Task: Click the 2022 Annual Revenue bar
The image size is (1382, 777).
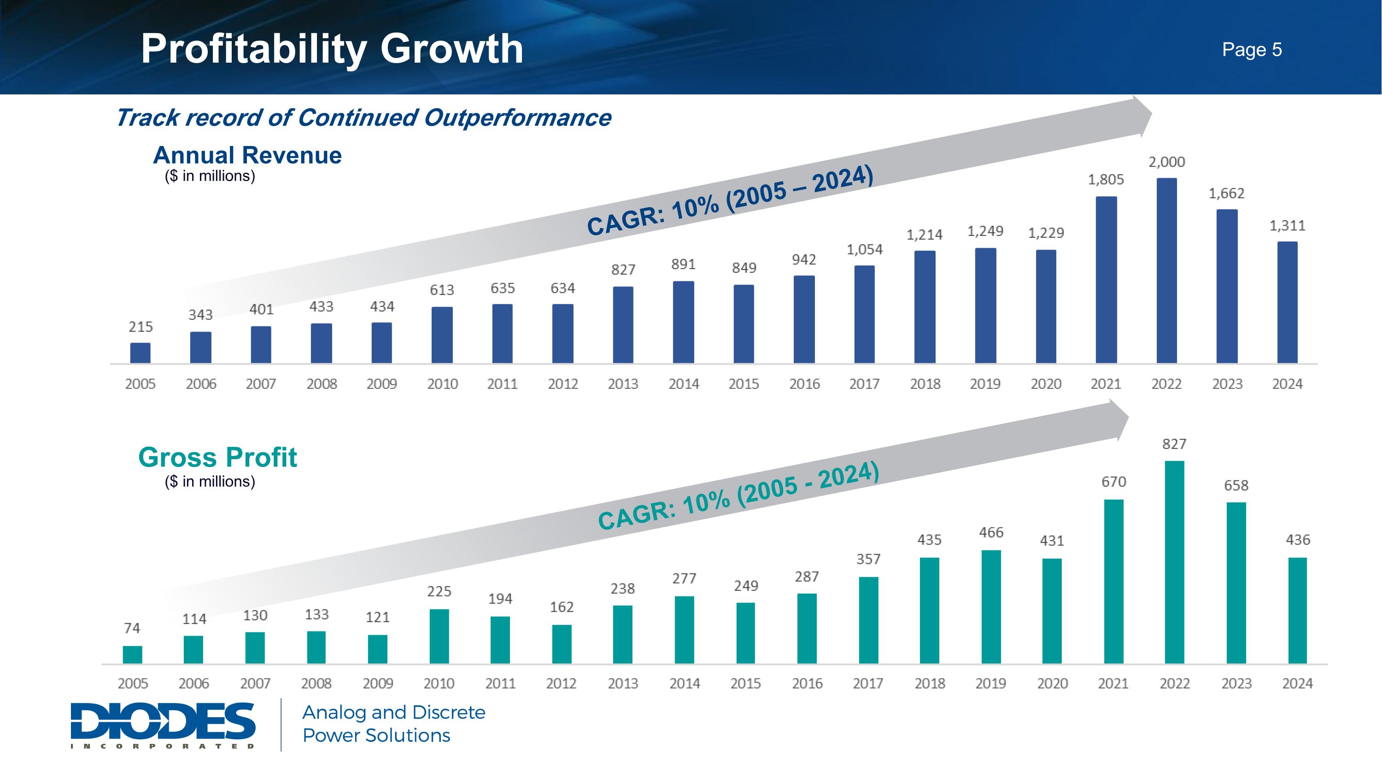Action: point(1166,271)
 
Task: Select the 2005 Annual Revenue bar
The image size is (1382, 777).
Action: point(140,353)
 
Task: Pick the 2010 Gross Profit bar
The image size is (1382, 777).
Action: point(439,636)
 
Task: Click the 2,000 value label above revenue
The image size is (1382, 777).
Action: point(1166,162)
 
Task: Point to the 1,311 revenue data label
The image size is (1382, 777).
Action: point(1287,226)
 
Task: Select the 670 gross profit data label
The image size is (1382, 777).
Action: point(1113,481)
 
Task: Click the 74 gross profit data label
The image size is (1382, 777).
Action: point(132,628)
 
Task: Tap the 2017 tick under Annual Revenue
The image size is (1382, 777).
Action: point(864,384)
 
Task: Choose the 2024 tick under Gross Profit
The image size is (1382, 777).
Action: point(1297,683)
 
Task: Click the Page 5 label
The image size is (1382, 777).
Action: point(1252,49)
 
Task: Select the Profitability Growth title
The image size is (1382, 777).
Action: point(332,49)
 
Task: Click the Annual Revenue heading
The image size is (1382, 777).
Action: point(247,156)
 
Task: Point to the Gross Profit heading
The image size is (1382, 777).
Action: point(217,457)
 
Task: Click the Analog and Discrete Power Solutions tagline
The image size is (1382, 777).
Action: point(393,724)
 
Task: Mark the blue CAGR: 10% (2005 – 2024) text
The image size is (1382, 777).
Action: point(730,200)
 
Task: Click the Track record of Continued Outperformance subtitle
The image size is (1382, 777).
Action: point(363,118)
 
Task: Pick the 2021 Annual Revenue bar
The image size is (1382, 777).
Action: point(1106,280)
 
